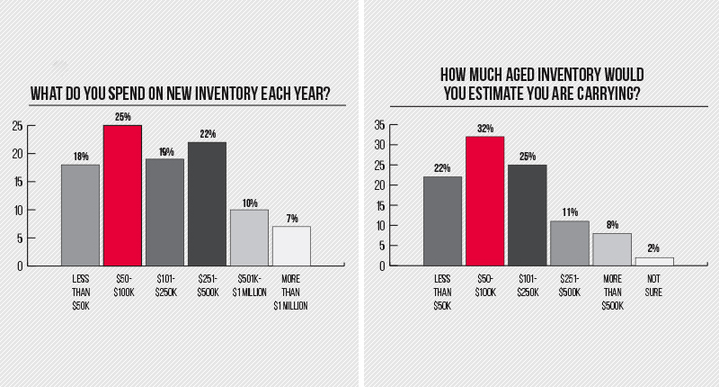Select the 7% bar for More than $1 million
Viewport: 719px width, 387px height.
tap(291, 246)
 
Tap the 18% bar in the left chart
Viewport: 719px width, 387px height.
tap(80, 215)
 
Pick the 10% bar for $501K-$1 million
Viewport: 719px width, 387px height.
tap(249, 238)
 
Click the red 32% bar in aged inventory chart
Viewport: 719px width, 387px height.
tap(484, 201)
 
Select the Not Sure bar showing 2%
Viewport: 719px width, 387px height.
tap(653, 262)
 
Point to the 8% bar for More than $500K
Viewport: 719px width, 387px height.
tap(611, 249)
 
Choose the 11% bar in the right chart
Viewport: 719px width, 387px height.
tap(569, 243)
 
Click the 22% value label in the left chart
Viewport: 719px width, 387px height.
tap(207, 134)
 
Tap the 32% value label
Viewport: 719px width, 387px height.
tap(484, 128)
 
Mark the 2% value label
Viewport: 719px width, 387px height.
tap(653, 249)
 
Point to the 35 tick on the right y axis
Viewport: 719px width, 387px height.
tap(379, 124)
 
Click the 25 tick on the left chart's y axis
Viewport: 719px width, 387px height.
tap(18, 126)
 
